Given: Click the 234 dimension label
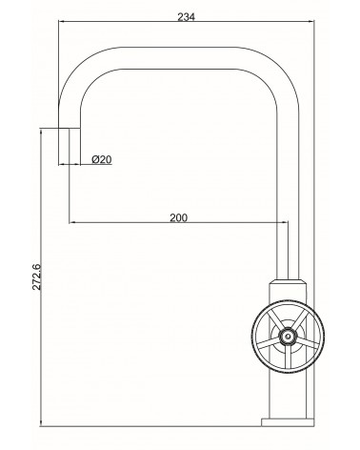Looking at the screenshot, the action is tap(186, 17).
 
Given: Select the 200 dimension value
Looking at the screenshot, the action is tap(179, 217).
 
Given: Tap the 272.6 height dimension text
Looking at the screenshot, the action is tap(36, 276).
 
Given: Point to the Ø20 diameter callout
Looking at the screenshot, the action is tap(102, 159).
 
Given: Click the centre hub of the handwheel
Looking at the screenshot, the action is tap(288, 336).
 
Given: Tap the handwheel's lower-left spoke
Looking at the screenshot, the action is tap(269, 344).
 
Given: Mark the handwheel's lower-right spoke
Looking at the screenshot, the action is tap(307, 342).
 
